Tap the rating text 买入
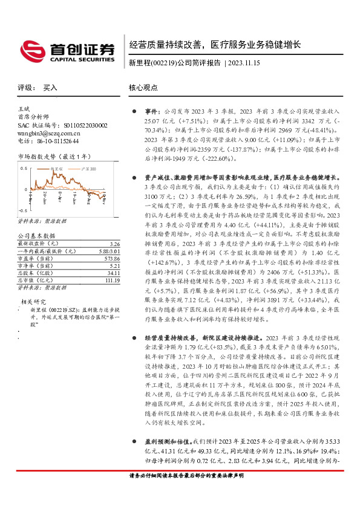point(50,88)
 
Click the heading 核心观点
point(143,88)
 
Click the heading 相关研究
point(34,301)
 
